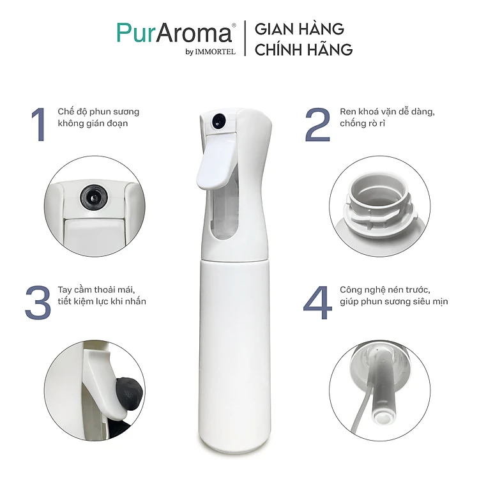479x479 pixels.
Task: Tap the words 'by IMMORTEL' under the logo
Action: click(211, 52)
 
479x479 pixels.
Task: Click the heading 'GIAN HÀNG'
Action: click(300, 28)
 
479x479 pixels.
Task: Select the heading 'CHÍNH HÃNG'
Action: click(303, 49)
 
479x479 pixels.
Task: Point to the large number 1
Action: click(39, 125)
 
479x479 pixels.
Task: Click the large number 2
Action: click(317, 125)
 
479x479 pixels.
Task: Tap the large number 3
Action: click(38, 303)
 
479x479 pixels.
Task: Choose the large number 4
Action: click(317, 303)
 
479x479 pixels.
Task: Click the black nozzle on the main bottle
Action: click(218, 120)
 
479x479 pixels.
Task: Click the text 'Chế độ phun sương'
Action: click(98, 112)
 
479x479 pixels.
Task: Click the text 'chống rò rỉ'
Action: click(362, 124)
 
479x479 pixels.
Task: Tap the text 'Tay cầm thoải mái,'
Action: click(96, 289)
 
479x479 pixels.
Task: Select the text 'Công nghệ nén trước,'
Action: click(385, 290)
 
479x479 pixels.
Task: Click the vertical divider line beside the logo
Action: click(245, 38)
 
